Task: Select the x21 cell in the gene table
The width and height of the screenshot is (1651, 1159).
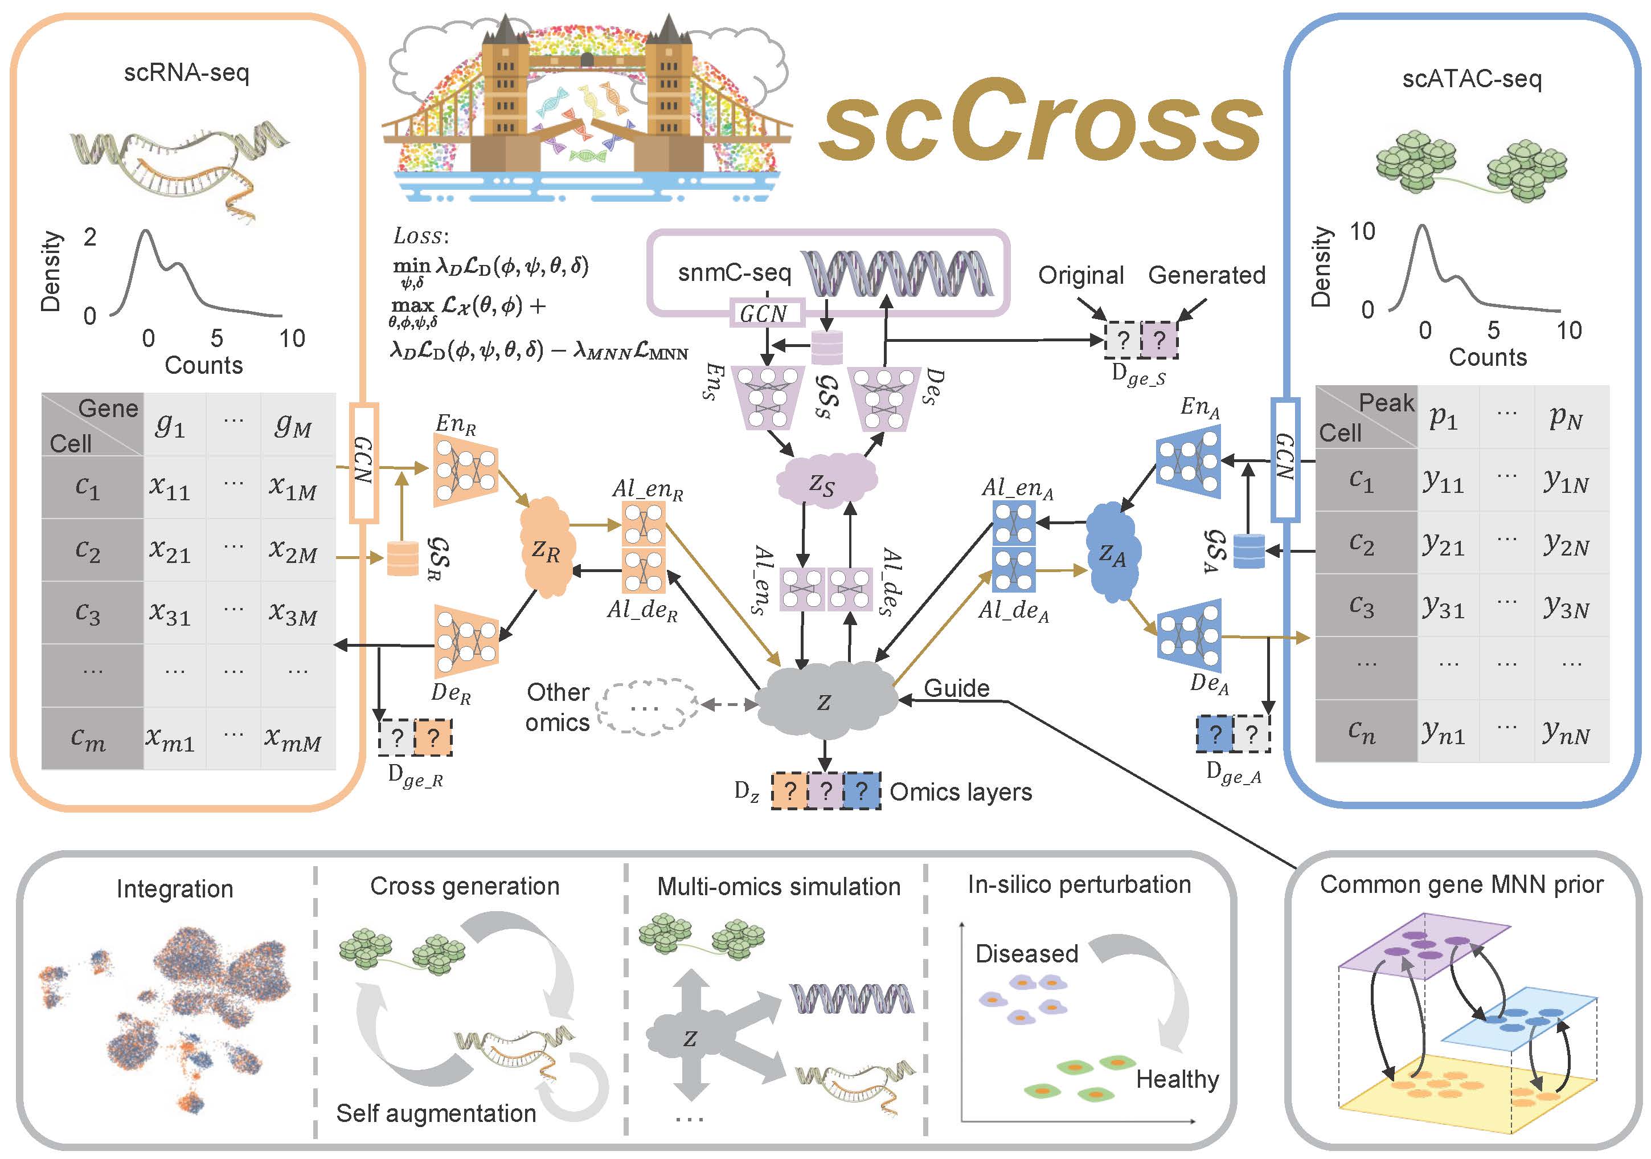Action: [170, 550]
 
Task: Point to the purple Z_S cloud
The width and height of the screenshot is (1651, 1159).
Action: [824, 481]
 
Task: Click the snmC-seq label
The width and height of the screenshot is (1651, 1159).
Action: [734, 273]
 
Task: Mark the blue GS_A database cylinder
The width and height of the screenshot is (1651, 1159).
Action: [1248, 550]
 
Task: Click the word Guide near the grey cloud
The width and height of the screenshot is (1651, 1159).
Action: [956, 688]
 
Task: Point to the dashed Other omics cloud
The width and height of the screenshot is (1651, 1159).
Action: [647, 707]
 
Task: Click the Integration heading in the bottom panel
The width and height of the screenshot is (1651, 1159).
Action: [175, 888]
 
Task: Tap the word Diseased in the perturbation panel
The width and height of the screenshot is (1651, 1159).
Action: [1026, 953]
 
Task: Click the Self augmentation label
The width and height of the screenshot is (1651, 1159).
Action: [436, 1113]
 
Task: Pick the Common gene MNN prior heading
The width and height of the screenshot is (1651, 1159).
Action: [1461, 884]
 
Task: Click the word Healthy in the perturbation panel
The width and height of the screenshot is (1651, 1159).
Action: [1177, 1079]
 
